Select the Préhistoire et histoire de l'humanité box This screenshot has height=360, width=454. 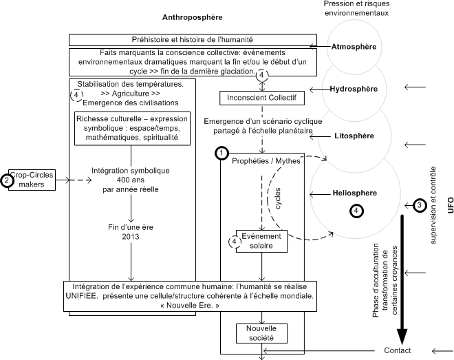tap(193, 40)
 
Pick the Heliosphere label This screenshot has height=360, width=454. tap(354, 195)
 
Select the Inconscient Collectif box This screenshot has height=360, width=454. tap(261, 98)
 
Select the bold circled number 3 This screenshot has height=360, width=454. tap(420, 205)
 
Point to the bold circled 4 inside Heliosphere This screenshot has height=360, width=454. tap(356, 211)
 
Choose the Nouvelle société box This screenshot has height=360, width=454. tap(261, 334)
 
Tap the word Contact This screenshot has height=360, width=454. tap(398, 350)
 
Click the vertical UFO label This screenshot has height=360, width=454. tap(451, 205)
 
